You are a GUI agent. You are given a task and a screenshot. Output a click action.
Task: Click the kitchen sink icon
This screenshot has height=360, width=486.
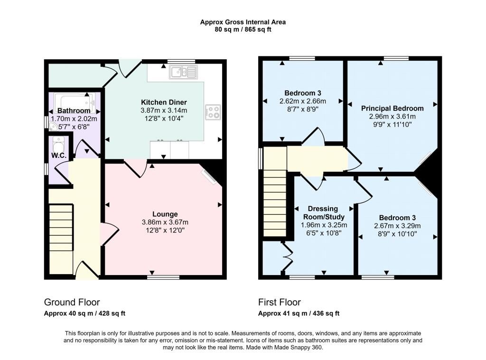[183, 72]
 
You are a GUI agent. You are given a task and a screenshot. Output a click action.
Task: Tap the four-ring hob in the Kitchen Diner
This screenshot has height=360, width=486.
[213, 112]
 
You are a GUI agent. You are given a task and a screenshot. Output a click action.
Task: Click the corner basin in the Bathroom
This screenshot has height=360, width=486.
[53, 126]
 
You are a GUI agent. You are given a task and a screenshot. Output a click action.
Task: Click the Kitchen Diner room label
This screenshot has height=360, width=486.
[164, 102]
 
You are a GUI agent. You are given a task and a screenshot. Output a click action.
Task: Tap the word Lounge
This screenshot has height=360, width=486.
[165, 214]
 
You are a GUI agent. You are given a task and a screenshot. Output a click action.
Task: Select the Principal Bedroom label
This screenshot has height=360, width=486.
[393, 109]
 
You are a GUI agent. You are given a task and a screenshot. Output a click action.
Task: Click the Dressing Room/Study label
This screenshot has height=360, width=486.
[324, 213]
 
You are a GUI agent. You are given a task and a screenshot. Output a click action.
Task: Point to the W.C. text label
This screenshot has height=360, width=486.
[59, 156]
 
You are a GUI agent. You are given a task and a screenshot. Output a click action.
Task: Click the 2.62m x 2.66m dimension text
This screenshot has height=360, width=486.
[302, 101]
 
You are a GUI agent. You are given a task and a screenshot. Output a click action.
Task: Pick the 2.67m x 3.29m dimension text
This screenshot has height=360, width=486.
[397, 226]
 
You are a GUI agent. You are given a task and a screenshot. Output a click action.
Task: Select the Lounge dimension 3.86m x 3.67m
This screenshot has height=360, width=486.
[165, 222]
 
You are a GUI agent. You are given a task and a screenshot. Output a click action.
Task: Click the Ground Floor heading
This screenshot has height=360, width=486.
[72, 302]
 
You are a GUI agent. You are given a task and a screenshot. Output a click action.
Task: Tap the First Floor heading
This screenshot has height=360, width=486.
[280, 302]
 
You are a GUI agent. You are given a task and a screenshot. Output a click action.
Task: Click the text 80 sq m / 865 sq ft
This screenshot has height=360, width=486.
[243, 30]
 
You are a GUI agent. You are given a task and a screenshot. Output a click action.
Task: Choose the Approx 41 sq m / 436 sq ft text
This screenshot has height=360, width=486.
[299, 313]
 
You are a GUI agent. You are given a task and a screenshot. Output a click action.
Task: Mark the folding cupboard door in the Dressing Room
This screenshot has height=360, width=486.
[288, 256]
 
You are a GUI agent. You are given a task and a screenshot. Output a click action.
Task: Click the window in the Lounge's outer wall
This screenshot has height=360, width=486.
[163, 277]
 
